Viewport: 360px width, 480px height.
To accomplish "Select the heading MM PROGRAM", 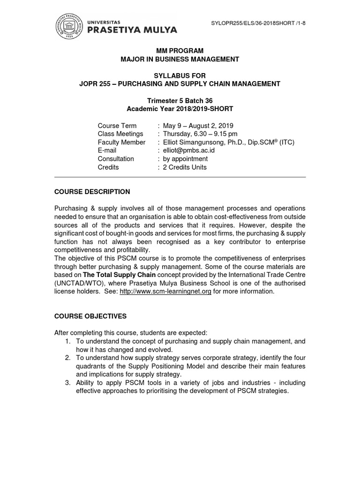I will [180, 51].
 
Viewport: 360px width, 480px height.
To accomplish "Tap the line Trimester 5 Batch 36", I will [180, 100].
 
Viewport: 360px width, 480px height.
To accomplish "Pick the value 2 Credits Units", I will [185, 167].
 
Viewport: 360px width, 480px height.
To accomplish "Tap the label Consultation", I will [116, 159].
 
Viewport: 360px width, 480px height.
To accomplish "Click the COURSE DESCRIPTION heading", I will [92, 192].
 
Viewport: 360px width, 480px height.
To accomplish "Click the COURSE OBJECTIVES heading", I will [90, 316].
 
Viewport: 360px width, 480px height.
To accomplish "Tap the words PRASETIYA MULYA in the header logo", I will [133, 30].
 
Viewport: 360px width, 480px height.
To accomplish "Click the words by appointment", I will [185, 159].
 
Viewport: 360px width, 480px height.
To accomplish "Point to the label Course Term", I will [117, 126].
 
